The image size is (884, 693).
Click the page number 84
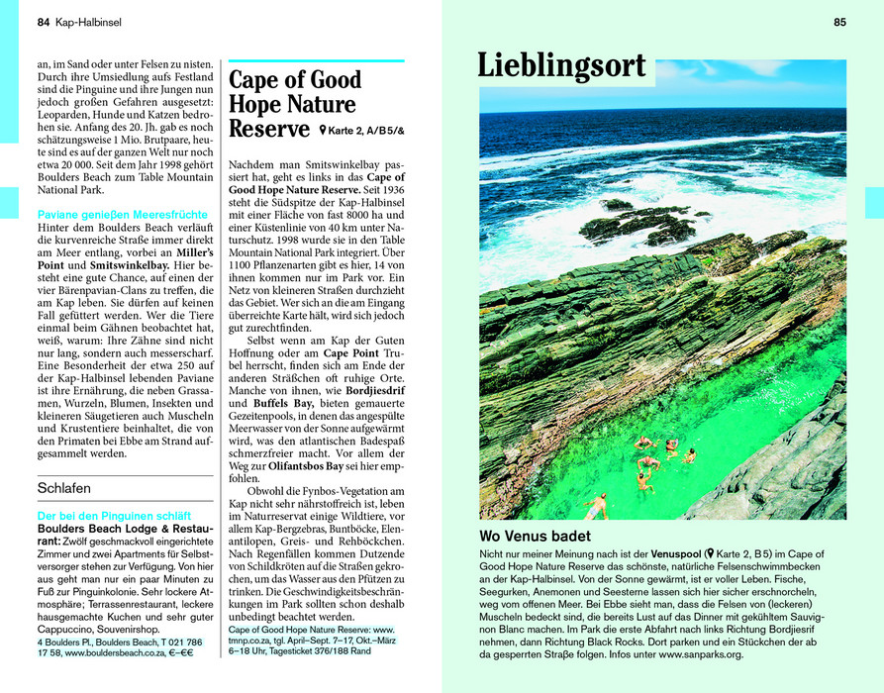coord(43,22)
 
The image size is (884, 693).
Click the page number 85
coord(839,22)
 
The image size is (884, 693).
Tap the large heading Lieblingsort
coord(561,66)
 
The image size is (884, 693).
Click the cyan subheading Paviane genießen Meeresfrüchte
coord(122,214)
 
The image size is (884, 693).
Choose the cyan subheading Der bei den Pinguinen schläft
coord(113,516)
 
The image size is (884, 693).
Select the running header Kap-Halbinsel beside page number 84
coord(88,22)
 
